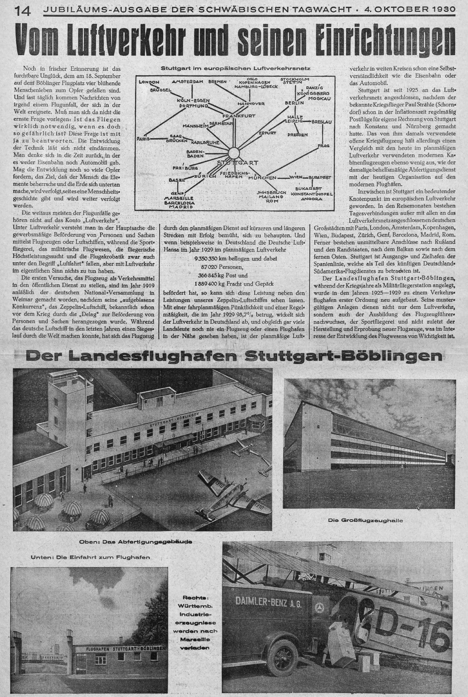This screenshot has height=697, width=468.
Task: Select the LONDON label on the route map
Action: point(149,82)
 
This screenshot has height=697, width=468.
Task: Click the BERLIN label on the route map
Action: point(295,103)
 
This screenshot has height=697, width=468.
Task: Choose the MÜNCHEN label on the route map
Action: point(262,178)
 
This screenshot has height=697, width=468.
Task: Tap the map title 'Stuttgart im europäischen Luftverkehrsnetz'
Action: point(236,68)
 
